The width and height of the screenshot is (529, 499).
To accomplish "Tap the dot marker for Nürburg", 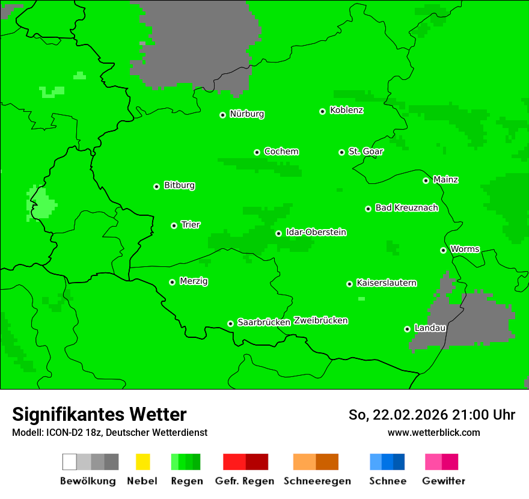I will [222, 115].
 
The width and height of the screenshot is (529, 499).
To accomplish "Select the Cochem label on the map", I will [281, 152].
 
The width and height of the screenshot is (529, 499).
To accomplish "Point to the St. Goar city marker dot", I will [341, 152].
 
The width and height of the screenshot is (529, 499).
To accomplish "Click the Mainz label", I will [445, 179].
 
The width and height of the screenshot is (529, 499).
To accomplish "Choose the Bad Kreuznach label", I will [406, 207].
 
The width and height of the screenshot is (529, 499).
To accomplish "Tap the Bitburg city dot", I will [156, 186].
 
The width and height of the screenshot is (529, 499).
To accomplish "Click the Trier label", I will [191, 224].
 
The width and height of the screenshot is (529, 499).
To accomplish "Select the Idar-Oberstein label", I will [316, 232].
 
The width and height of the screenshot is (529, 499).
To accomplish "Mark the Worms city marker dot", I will [443, 250].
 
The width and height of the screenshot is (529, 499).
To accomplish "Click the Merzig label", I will [194, 281].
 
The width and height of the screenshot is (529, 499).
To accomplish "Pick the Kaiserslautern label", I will [386, 283].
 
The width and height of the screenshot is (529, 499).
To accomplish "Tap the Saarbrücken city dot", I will [230, 323].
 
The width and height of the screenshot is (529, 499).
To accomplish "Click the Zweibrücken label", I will [320, 320].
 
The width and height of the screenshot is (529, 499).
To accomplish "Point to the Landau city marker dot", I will [407, 329].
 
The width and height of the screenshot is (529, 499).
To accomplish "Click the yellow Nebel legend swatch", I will [142, 462].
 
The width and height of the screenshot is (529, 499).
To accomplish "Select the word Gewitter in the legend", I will [444, 481].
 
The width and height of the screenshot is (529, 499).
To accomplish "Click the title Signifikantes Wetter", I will [99, 414].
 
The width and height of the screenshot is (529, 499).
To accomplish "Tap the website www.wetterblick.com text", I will [433, 432].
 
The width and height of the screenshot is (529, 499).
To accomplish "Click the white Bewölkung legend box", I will [70, 462].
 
